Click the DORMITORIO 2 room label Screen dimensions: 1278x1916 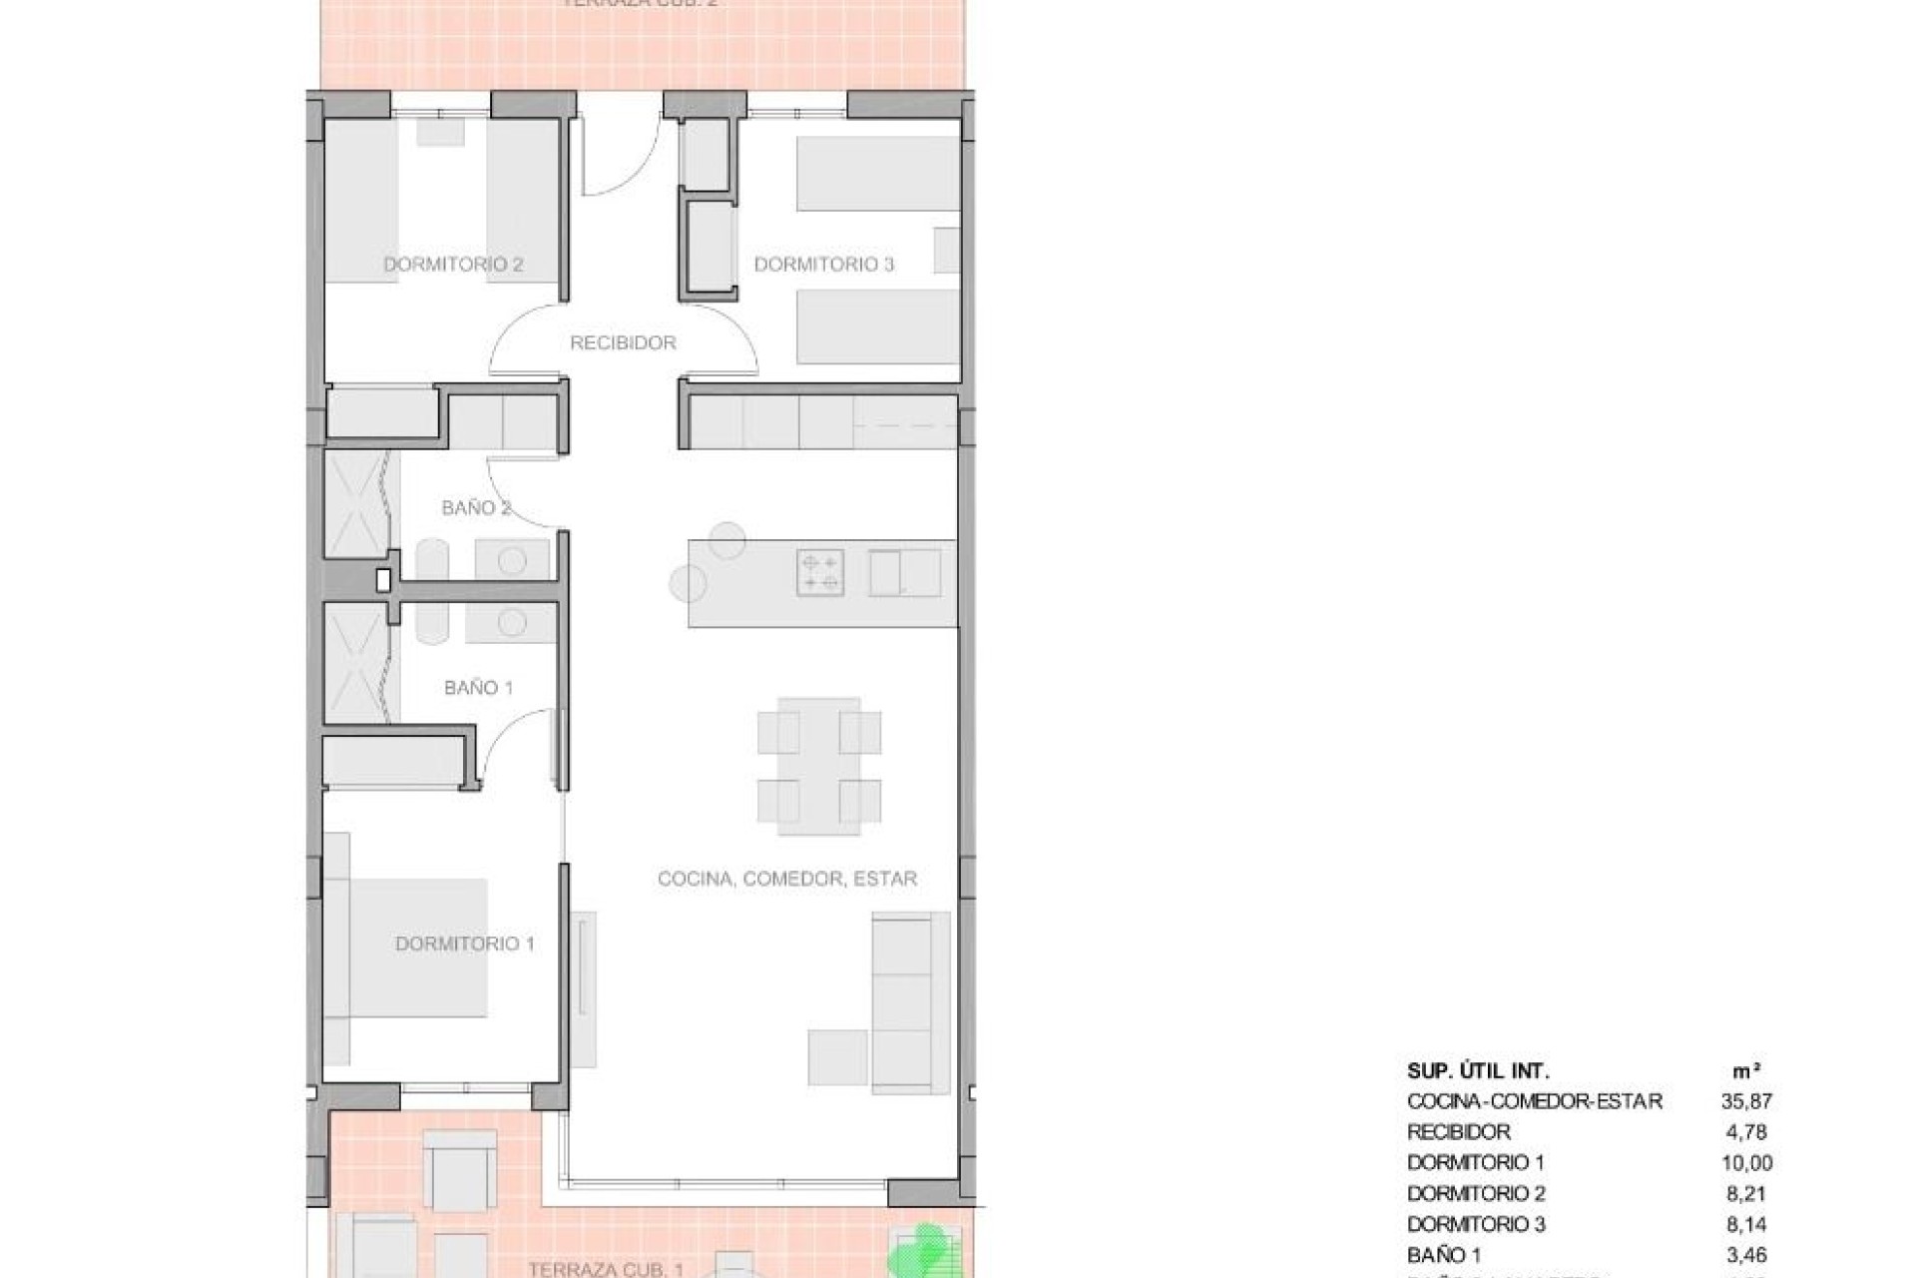(x=453, y=265)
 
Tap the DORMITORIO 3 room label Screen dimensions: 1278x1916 (x=823, y=265)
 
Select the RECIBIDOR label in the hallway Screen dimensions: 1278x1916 (x=623, y=342)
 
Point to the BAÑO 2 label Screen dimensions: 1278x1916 (x=476, y=508)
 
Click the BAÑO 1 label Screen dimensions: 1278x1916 (x=478, y=688)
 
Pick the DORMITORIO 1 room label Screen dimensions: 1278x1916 (x=465, y=944)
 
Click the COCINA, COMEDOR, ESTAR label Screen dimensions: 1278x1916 (x=787, y=879)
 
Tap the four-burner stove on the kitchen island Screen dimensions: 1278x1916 (x=819, y=573)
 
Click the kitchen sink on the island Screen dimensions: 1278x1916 (x=904, y=573)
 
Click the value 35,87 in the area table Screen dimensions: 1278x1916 (x=1745, y=1102)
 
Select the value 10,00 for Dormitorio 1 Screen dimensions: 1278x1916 (x=1745, y=1163)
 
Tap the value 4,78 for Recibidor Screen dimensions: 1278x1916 (x=1745, y=1132)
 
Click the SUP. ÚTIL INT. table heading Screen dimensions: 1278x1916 (x=1478, y=1071)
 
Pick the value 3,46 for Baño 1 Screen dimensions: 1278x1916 (x=1745, y=1253)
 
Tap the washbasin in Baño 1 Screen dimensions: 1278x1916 (x=512, y=623)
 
